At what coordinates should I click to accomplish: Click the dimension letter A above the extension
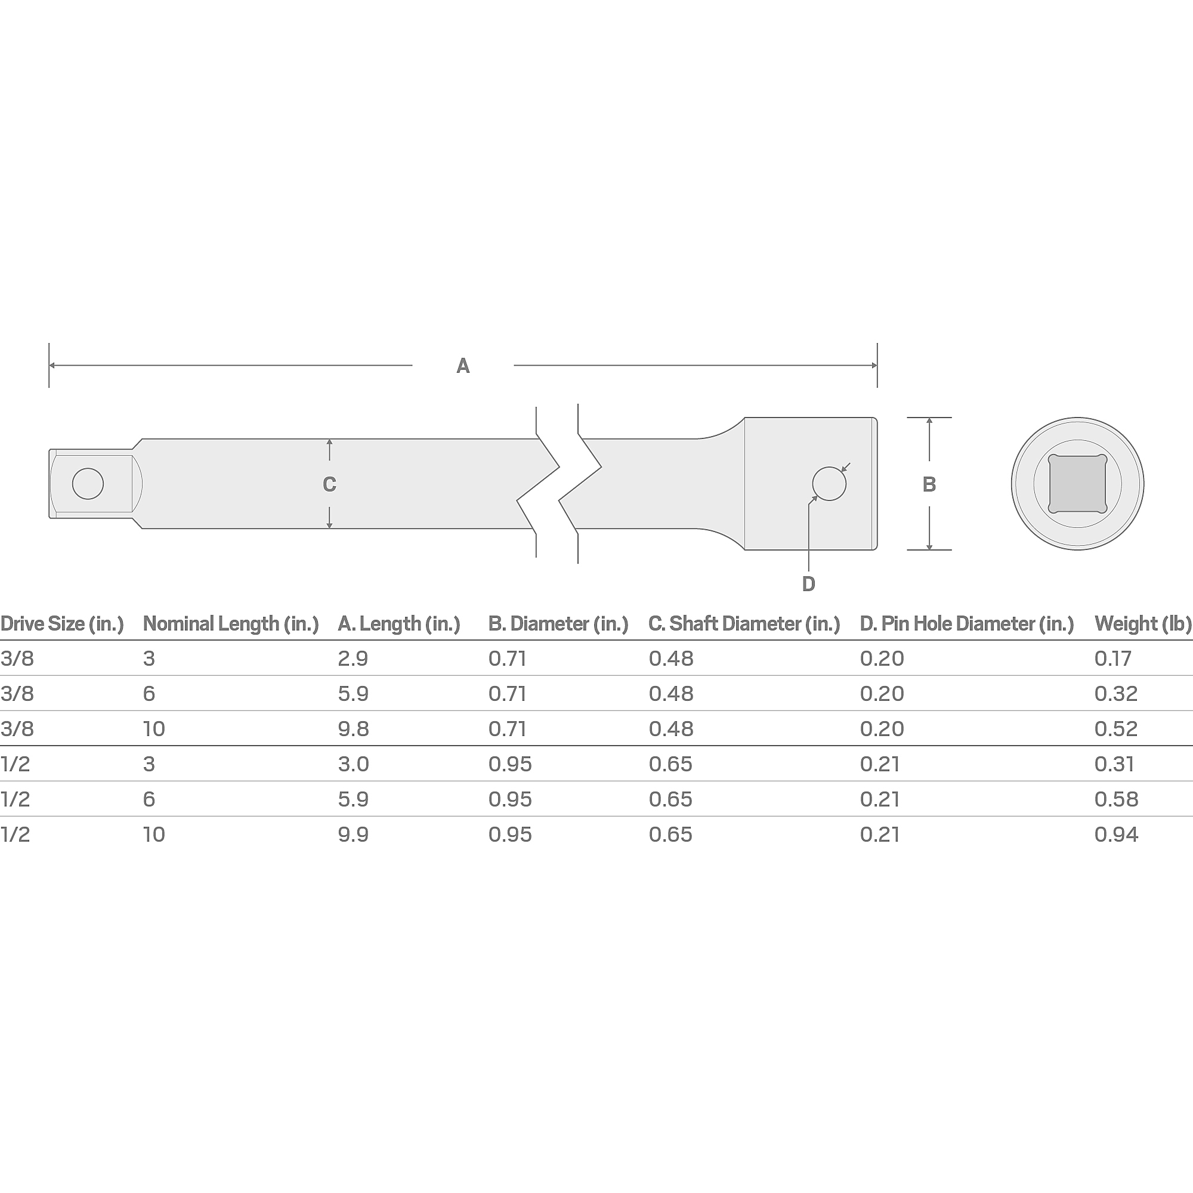pyautogui.click(x=463, y=366)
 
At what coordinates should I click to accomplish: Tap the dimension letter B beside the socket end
pyautogui.click(x=929, y=485)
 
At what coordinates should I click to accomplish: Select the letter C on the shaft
pyautogui.click(x=329, y=484)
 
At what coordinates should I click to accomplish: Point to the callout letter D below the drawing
pyautogui.click(x=808, y=584)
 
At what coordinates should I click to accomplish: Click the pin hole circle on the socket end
pyautogui.click(x=829, y=484)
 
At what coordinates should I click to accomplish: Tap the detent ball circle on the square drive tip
pyautogui.click(x=88, y=484)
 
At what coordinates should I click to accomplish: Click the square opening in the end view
pyautogui.click(x=1077, y=484)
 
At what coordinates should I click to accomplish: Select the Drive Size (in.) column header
pyautogui.click(x=62, y=624)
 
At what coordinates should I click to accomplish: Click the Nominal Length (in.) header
pyautogui.click(x=231, y=624)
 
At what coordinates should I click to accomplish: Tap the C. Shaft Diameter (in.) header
pyautogui.click(x=744, y=624)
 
